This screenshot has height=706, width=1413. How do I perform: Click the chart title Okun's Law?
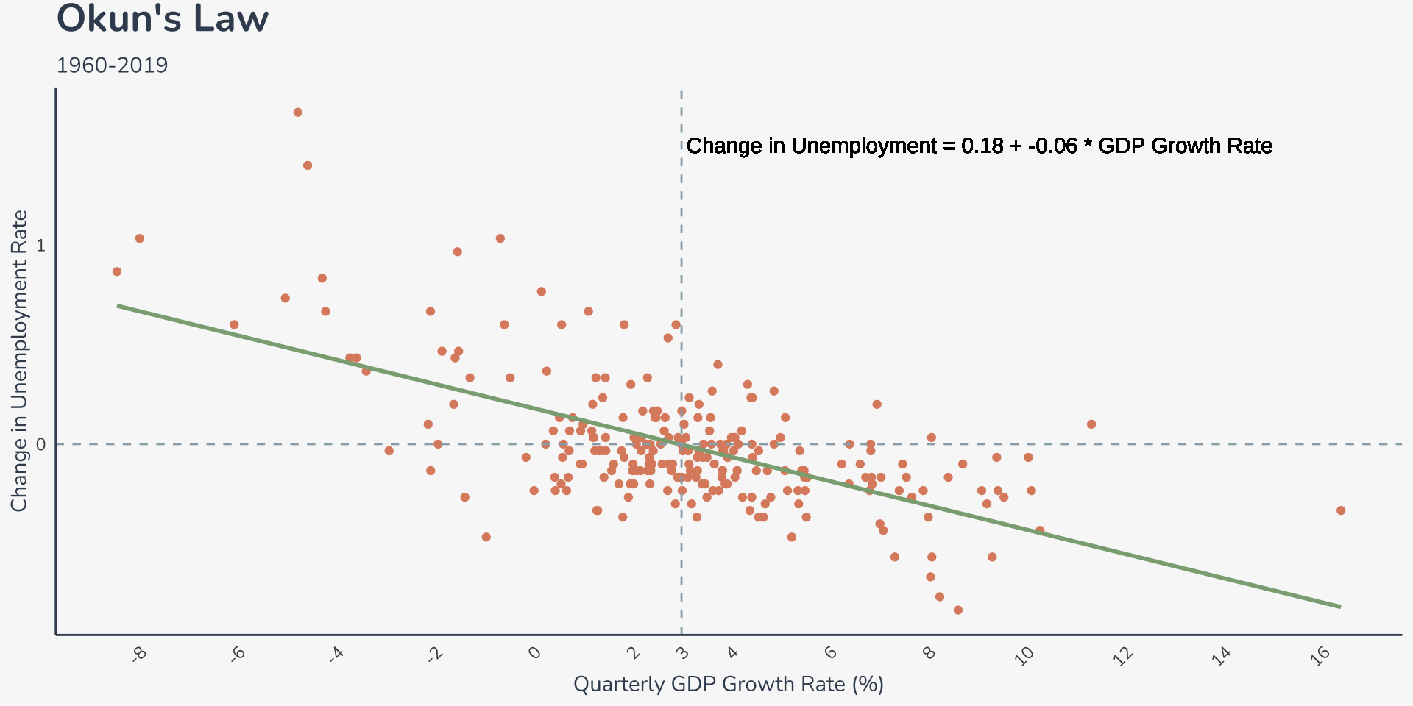coord(163,19)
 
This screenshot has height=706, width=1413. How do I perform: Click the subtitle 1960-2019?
coord(112,65)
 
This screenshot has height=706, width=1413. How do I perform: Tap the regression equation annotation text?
coord(979,146)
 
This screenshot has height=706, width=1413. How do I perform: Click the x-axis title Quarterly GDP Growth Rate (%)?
coord(728,684)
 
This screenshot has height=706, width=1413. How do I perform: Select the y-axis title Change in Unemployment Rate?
coord(19,360)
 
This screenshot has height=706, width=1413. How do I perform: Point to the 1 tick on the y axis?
coord(40,245)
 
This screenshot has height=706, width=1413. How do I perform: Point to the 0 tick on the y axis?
coord(40,444)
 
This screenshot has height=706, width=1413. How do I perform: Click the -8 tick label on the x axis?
coord(139,654)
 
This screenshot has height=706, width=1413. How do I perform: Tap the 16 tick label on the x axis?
coord(1320,655)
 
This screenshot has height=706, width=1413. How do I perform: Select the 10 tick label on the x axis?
coord(1024,655)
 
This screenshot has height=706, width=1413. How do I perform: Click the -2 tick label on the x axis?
coord(435,654)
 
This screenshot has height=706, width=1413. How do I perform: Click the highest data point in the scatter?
coord(298,113)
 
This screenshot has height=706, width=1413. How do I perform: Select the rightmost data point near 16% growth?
coord(1341,510)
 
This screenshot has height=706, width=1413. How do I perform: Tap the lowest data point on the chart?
coord(957,610)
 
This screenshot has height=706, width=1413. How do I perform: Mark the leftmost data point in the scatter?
coord(117,271)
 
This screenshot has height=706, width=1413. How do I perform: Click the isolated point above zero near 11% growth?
coord(1091,424)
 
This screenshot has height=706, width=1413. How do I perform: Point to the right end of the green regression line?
coord(1340,607)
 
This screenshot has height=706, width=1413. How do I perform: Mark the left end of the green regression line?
coord(118,305)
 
